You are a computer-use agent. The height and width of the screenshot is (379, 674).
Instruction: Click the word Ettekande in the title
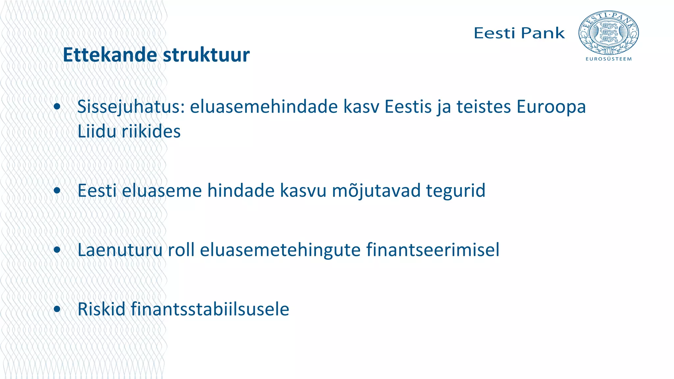pyautogui.click(x=110, y=55)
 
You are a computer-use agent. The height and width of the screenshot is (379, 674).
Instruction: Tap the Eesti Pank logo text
pyautogui.click(x=519, y=33)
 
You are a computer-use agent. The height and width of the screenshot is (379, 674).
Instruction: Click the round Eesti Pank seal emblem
pyautogui.click(x=609, y=33)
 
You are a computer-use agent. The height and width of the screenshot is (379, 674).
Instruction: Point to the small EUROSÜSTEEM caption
pyautogui.click(x=609, y=59)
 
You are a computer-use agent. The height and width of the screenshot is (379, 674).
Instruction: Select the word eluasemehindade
pyautogui.click(x=264, y=107)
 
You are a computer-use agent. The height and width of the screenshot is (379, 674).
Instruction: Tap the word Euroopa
pyautogui.click(x=551, y=107)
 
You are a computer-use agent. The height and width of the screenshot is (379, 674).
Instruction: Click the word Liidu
pyautogui.click(x=96, y=131)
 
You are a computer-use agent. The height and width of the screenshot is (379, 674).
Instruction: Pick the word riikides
pyautogui.click(x=151, y=131)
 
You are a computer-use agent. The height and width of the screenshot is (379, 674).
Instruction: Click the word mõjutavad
pyautogui.click(x=376, y=190)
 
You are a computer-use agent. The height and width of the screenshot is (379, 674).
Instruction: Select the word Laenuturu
pyautogui.click(x=120, y=250)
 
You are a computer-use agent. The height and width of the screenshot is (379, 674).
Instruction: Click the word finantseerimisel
pyautogui.click(x=432, y=250)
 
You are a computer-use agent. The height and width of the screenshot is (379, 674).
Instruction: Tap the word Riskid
pyautogui.click(x=101, y=309)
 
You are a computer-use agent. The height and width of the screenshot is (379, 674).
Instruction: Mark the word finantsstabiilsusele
pyautogui.click(x=210, y=309)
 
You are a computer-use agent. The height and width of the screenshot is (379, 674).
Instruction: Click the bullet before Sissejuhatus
pyautogui.click(x=57, y=107)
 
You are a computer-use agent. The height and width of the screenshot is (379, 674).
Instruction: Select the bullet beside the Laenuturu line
pyautogui.click(x=57, y=250)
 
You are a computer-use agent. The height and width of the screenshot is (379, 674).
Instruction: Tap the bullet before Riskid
pyautogui.click(x=57, y=309)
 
